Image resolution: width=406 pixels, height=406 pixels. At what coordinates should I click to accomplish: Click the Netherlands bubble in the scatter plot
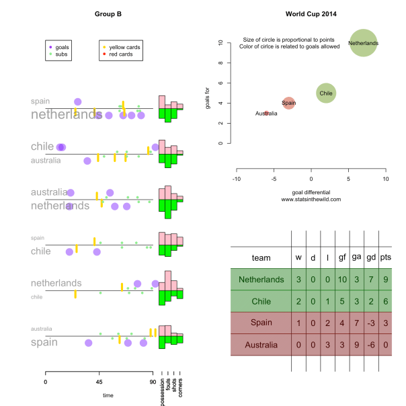coord(364,43)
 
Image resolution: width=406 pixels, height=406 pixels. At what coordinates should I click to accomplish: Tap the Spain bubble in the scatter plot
coord(288,103)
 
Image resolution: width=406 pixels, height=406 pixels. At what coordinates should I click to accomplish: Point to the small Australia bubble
coord(267,114)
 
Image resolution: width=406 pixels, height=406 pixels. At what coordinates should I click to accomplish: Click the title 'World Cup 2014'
coord(311,13)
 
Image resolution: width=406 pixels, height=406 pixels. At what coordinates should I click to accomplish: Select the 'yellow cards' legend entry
coord(124,47)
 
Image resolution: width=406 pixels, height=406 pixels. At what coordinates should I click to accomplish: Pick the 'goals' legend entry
coord(65,47)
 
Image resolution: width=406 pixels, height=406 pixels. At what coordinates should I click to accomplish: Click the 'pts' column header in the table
coord(386,257)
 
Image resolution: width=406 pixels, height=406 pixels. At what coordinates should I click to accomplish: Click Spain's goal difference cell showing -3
coord(368,323)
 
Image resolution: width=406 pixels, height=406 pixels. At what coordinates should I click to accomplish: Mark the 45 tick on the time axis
coord(99,381)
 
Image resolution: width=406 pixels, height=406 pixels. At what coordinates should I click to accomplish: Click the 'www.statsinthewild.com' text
coord(311,199)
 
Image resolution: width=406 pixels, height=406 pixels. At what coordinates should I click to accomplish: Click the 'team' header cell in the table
coord(261,257)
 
